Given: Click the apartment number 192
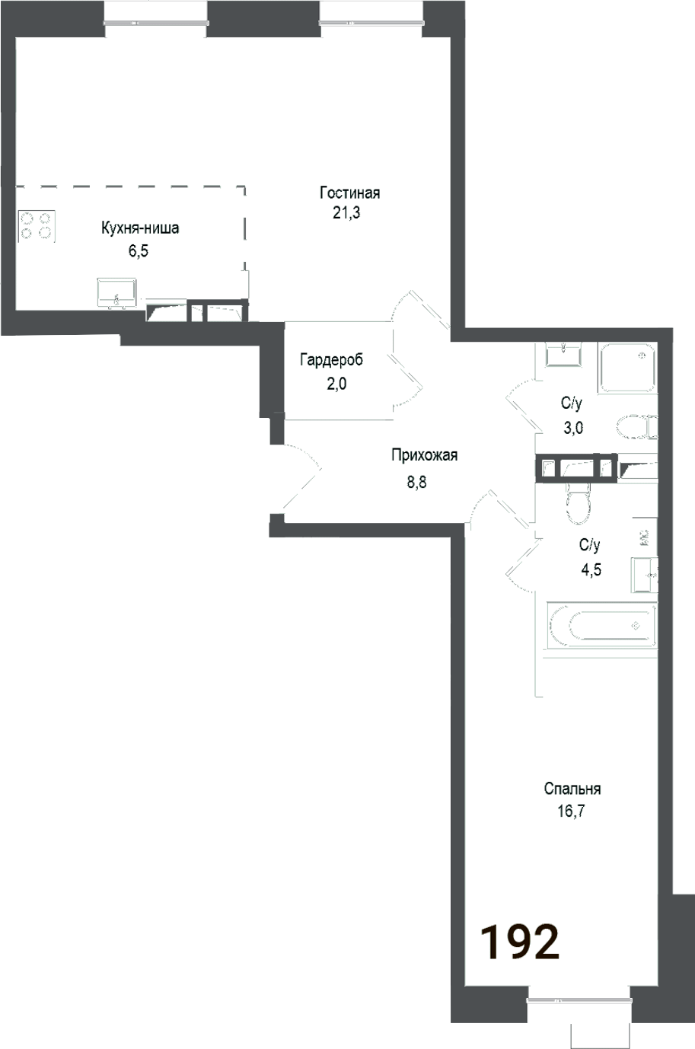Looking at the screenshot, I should [521, 942].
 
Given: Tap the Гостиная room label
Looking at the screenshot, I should [349, 193].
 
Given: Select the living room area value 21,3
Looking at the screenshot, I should [346, 213].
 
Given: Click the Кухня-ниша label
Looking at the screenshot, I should [140, 228].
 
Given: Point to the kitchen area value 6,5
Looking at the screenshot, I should [138, 251].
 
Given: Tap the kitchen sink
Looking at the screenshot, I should [116, 292].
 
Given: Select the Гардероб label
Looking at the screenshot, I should [331, 360].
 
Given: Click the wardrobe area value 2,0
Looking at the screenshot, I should [336, 384].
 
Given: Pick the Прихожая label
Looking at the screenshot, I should [424, 456].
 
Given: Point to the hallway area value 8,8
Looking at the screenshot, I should [416, 480].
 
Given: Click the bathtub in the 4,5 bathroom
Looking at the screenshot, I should [601, 626].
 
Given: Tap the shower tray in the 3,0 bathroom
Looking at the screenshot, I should [626, 367].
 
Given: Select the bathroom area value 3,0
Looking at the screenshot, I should [572, 428].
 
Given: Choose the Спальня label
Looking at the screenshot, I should [572, 789].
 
